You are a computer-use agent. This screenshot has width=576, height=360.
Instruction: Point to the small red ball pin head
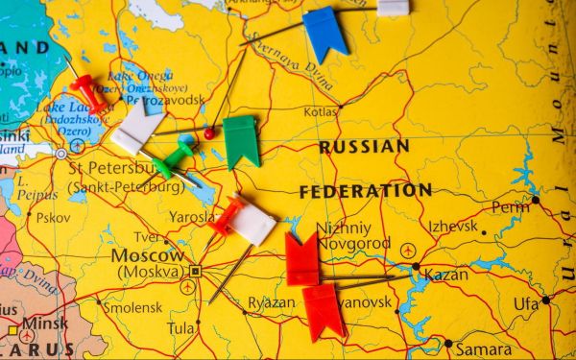click(209, 133)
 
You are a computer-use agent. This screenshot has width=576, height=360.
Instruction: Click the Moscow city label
click(147, 256)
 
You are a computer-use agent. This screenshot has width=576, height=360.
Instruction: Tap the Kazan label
click(445, 275)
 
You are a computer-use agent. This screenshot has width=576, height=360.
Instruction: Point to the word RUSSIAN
click(364, 147)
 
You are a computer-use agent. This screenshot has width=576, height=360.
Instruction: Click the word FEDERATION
click(365, 191)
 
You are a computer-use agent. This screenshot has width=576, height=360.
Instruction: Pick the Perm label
click(510, 206)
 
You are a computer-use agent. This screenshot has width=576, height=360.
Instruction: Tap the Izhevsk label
click(452, 227)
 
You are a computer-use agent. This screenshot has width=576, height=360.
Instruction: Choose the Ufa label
click(526, 303)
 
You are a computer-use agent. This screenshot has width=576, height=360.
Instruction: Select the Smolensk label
click(132, 308)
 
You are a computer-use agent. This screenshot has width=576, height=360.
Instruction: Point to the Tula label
click(180, 327)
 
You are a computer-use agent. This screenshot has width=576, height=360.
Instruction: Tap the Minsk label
click(45, 324)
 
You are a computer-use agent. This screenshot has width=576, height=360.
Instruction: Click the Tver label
click(147, 237)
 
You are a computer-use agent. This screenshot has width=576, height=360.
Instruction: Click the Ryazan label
click(272, 302)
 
